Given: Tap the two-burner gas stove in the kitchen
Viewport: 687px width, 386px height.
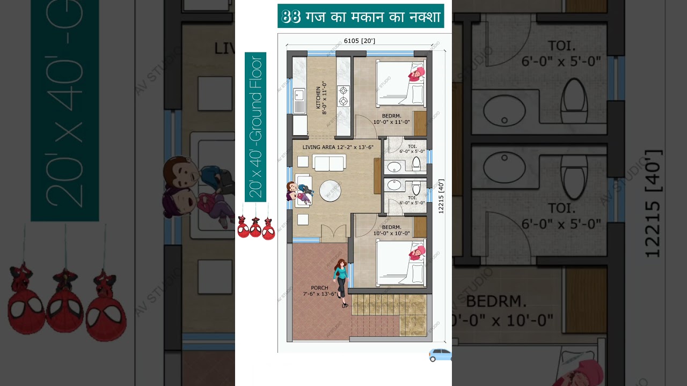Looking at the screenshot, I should tap(343, 95).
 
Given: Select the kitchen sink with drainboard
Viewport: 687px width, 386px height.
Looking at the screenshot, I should tap(299, 100).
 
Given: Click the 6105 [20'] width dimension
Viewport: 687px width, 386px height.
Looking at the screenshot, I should tap(359, 41).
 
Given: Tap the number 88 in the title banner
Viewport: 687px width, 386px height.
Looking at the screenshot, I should tap(291, 17).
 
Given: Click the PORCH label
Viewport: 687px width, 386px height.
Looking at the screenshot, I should tap(319, 288).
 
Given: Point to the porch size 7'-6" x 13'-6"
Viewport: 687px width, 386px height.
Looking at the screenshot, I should tap(320, 294).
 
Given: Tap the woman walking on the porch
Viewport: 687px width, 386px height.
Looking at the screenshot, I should tap(340, 282).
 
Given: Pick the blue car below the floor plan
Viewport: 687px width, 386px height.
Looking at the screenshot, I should tap(440, 355).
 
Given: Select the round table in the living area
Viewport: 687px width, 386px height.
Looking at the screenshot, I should tap(330, 190).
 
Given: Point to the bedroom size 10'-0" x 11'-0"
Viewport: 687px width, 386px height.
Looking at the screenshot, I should tap(391, 122).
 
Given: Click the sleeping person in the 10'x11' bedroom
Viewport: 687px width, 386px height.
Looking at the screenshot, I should tap(416, 73).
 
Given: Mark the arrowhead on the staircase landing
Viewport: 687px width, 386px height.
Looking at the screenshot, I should tap(415, 325).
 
